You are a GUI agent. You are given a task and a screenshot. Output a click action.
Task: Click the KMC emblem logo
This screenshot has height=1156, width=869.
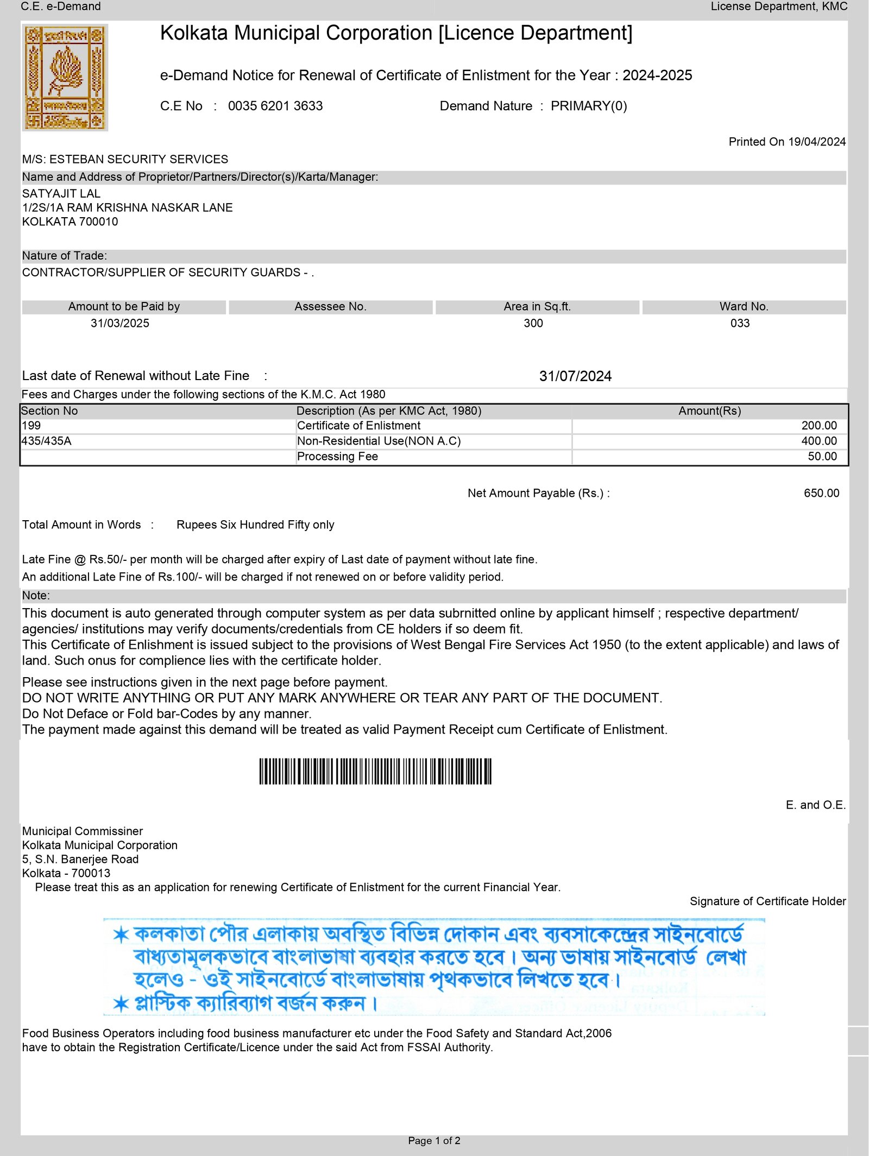pos(65,77)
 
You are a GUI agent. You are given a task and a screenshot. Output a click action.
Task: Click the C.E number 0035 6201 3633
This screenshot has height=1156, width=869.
pos(275,106)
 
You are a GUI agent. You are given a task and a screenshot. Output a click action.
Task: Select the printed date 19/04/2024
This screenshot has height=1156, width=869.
pos(817,142)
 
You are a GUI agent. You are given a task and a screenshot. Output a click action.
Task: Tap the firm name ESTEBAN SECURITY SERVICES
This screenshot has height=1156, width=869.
pos(138,159)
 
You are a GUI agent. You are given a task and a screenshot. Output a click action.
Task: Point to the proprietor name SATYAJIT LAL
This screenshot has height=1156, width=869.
pos(61,193)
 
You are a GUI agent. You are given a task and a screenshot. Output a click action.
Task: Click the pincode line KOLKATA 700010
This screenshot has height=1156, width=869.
pos(70,222)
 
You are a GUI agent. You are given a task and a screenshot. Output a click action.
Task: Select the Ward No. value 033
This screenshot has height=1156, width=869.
pos(740,323)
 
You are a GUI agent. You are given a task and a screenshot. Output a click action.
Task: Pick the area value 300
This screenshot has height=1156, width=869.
pos(533,323)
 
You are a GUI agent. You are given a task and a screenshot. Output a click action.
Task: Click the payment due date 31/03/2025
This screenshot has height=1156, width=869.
pos(120,323)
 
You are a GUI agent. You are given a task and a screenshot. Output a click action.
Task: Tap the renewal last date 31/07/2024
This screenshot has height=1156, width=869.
pos(575,376)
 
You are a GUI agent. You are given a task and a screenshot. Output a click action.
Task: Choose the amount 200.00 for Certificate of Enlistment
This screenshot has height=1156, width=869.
pos(819,426)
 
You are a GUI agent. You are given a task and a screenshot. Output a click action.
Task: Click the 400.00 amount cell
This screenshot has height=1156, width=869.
pos(819,441)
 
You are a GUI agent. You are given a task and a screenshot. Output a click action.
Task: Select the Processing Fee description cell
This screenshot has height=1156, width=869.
pos(337,457)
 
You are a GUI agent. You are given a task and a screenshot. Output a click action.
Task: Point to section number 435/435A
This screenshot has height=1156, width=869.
pos(47,441)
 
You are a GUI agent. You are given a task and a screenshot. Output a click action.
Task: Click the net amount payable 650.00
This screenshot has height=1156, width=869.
pos(821,493)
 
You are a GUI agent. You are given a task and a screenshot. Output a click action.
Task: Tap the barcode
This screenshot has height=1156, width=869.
pos(375,771)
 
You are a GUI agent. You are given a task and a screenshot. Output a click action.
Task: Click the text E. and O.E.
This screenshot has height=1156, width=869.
pos(815,805)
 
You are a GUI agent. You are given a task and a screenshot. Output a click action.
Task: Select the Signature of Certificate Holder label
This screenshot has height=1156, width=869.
pos(767,901)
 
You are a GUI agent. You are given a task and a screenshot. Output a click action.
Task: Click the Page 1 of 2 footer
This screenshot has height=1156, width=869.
pos(434,1140)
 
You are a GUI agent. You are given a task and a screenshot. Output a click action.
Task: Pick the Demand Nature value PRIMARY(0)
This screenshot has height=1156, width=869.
pos(589,106)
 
